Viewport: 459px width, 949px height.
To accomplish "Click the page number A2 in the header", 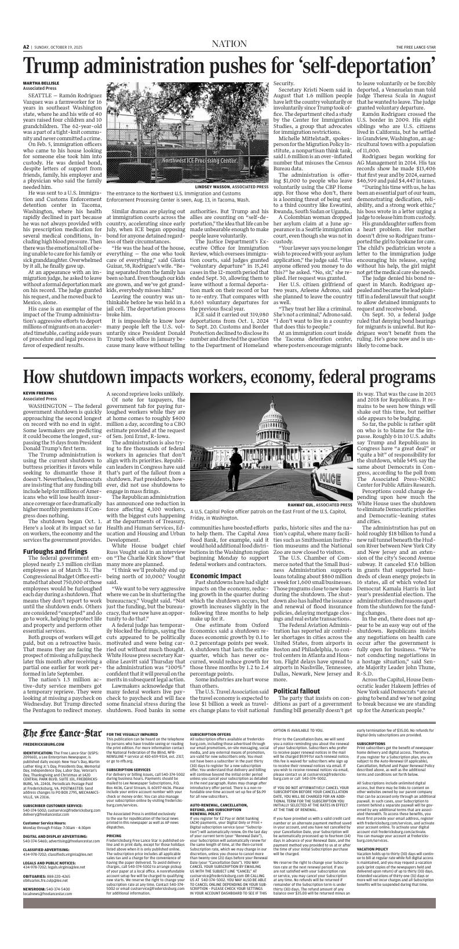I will (x=26, y=47).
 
